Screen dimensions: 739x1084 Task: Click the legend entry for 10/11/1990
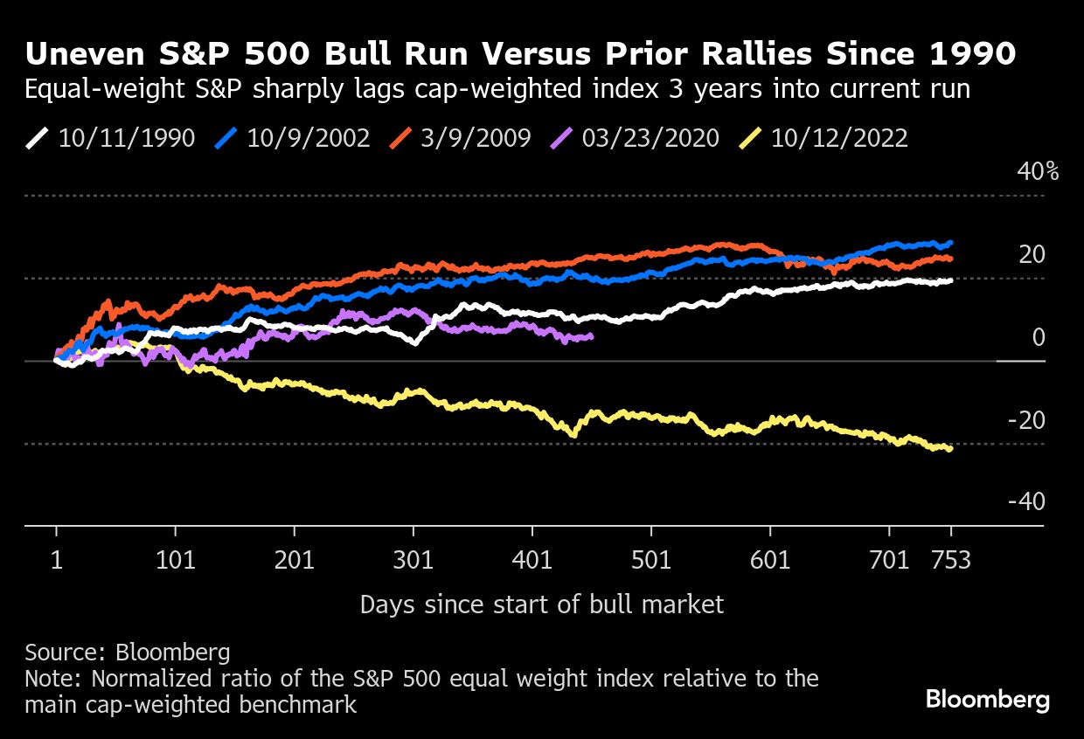(x=109, y=139)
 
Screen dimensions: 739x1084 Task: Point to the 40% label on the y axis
(x=1037, y=171)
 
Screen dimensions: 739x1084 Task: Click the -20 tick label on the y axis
(x=1025, y=420)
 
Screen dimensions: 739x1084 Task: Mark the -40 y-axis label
(x=1025, y=502)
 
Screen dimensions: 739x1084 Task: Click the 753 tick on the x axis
(x=950, y=560)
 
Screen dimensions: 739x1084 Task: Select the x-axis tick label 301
(x=413, y=560)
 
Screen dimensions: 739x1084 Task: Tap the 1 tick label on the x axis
(x=57, y=560)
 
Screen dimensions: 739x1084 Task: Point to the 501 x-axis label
(x=651, y=560)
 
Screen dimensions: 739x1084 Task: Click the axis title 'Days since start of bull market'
(x=542, y=604)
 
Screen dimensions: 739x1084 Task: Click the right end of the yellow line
(x=950, y=449)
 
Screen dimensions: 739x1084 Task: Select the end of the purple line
(x=591, y=336)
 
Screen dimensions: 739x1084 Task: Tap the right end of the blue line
(x=950, y=243)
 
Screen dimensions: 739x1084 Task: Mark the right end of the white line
(x=950, y=280)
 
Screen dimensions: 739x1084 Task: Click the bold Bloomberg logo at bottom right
(x=987, y=700)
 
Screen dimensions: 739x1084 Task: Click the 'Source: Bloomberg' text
(x=128, y=653)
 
